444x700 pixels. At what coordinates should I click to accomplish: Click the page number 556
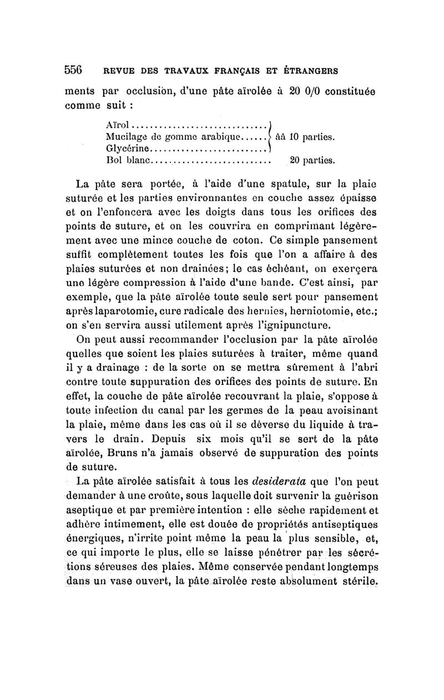pos(73,70)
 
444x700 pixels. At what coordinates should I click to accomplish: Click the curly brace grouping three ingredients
pos(269,136)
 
